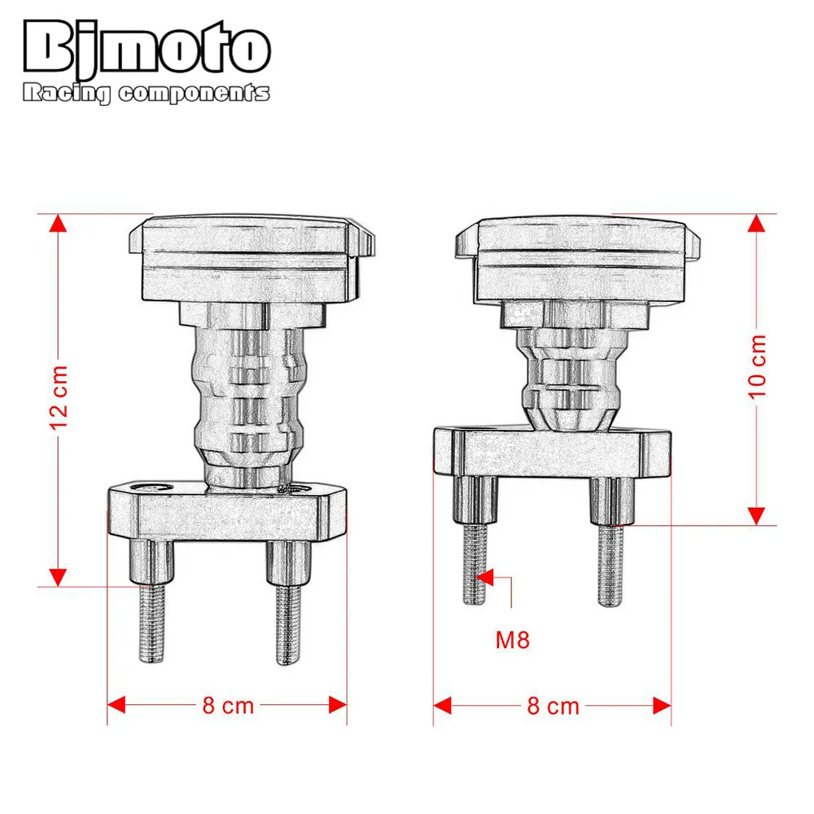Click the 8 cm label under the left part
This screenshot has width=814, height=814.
[228, 705]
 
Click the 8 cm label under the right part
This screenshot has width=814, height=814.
[553, 705]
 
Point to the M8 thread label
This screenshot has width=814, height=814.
[513, 640]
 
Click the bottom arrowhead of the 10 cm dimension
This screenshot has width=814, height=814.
[758, 514]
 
